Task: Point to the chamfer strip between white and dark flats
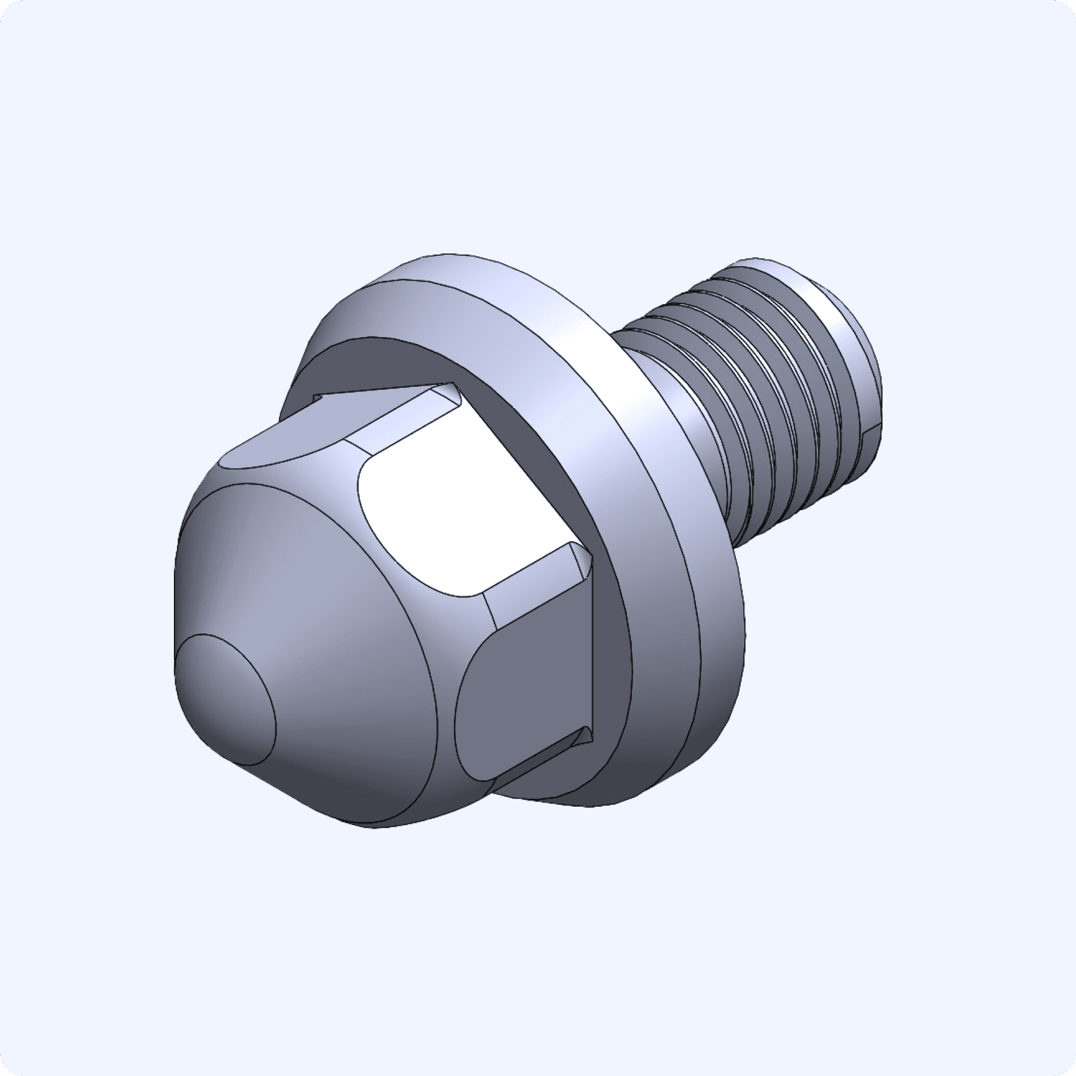point(535,579)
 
